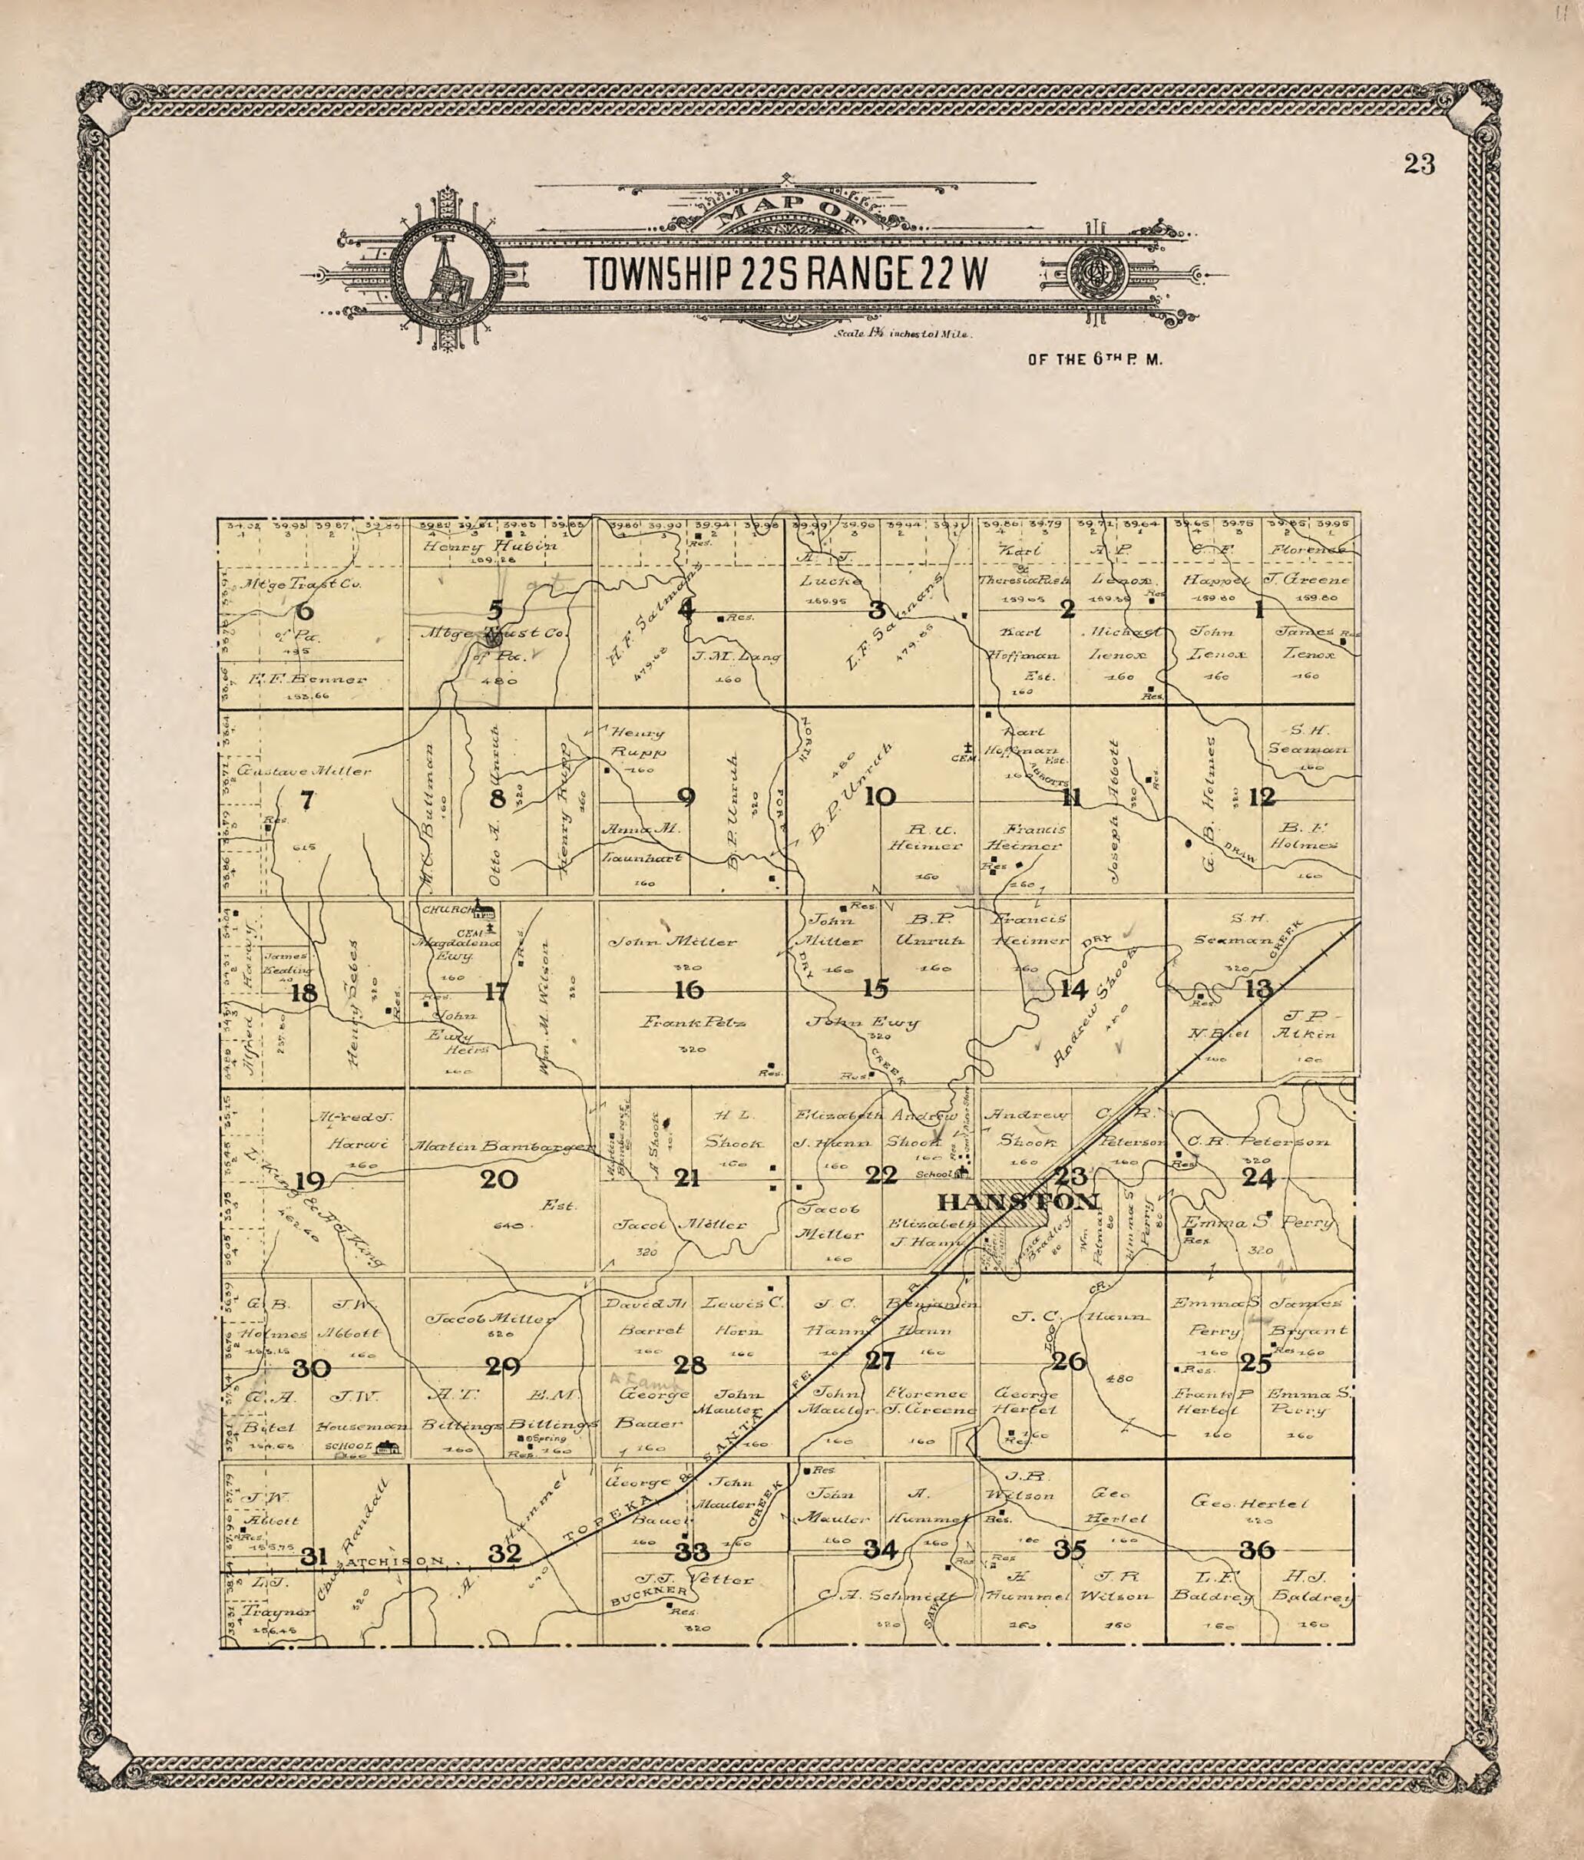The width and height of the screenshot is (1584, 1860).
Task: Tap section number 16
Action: click(x=689, y=990)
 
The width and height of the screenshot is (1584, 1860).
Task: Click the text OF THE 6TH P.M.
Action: click(x=1095, y=360)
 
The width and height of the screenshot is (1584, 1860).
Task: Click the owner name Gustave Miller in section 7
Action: click(x=304, y=771)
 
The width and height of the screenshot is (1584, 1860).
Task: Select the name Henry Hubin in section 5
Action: click(x=491, y=546)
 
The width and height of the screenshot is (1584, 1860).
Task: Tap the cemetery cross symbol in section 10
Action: click(x=968, y=746)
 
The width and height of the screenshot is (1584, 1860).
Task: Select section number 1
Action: click(x=1259, y=610)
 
